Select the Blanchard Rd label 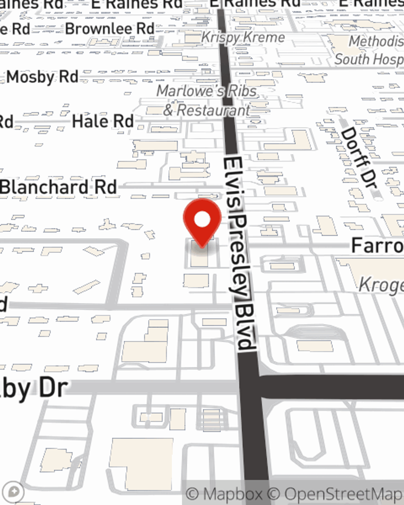59,187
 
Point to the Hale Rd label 103,121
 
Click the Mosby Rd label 42,77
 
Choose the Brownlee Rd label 110,29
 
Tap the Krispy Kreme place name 243,38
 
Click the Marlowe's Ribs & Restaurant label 207,100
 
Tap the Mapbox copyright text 224,494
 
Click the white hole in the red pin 202,220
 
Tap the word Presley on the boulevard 240,255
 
